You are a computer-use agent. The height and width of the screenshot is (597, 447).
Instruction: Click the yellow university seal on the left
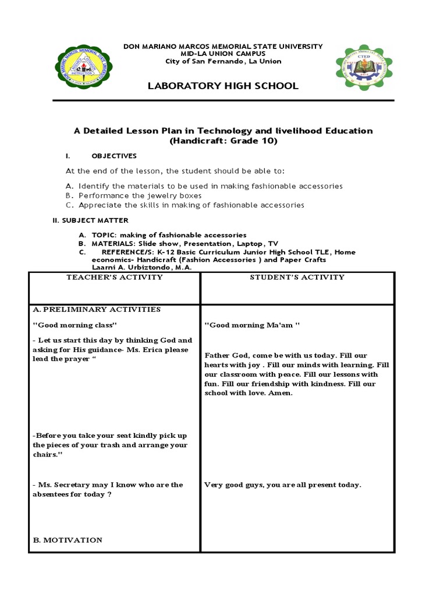84,69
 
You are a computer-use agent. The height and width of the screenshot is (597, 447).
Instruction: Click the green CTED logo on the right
364,69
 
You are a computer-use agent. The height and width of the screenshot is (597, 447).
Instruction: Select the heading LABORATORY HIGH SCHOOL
223,86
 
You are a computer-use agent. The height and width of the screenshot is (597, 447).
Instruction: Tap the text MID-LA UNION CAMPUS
223,54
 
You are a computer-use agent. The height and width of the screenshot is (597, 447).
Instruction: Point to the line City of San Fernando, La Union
223,61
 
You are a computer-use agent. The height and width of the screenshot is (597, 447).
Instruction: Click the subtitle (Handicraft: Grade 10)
223,141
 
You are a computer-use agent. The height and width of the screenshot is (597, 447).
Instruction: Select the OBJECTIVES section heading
114,156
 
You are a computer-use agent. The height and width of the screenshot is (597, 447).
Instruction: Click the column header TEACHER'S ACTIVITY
114,278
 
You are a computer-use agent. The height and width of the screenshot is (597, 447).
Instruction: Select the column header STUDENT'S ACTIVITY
297,278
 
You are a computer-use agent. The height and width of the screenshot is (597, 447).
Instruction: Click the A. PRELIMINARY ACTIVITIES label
97,310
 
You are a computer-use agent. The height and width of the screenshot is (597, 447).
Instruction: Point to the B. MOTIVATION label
68,540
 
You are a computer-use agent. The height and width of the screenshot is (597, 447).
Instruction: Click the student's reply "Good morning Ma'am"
251,325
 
